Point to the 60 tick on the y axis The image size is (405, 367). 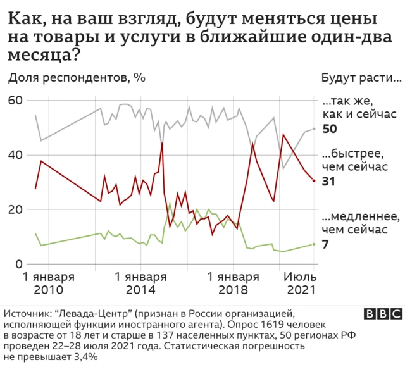click(x=15, y=101)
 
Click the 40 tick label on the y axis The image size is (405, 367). click(x=15, y=155)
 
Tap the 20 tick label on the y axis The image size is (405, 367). click(x=15, y=209)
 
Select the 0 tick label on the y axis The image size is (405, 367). click(x=18, y=264)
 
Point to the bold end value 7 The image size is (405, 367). click(x=325, y=244)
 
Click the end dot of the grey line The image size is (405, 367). click(x=314, y=129)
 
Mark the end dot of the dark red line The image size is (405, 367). click(x=314, y=180)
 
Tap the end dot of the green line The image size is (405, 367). click(x=314, y=244)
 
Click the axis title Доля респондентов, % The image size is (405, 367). click(x=77, y=78)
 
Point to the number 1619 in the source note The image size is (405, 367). click(x=201, y=324)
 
